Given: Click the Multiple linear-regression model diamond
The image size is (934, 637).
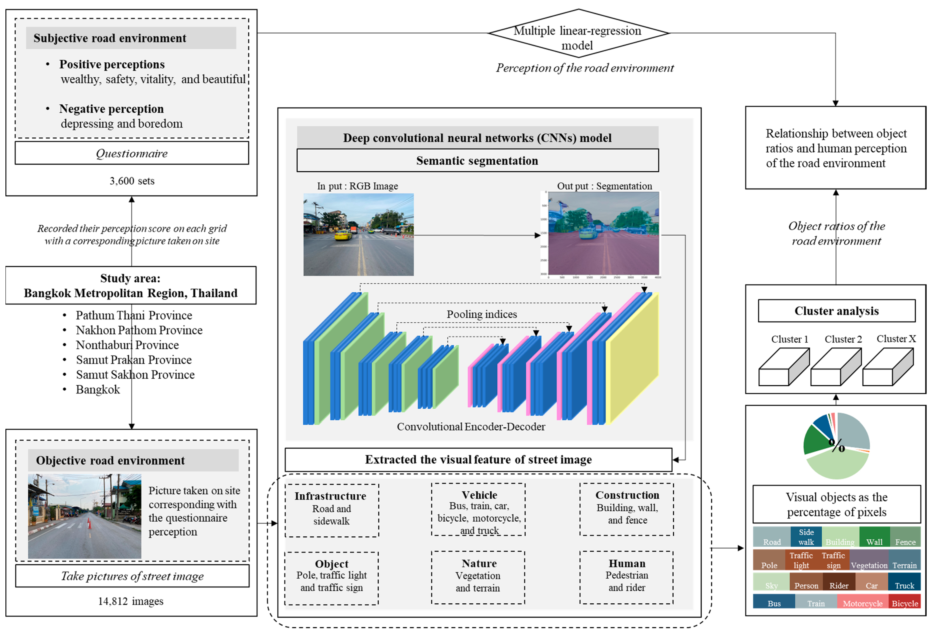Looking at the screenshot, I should coord(578,33).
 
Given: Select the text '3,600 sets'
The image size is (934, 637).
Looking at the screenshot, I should coord(132,181).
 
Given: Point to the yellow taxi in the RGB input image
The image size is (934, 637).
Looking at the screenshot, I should coord(343,234).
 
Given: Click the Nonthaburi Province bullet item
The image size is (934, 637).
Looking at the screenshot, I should coord(127,345).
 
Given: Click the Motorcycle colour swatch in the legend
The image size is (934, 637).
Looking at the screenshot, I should coord(862,601).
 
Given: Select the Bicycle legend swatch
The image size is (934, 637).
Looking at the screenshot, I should coord(905,601).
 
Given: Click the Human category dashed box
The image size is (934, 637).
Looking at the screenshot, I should coord(626,578).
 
